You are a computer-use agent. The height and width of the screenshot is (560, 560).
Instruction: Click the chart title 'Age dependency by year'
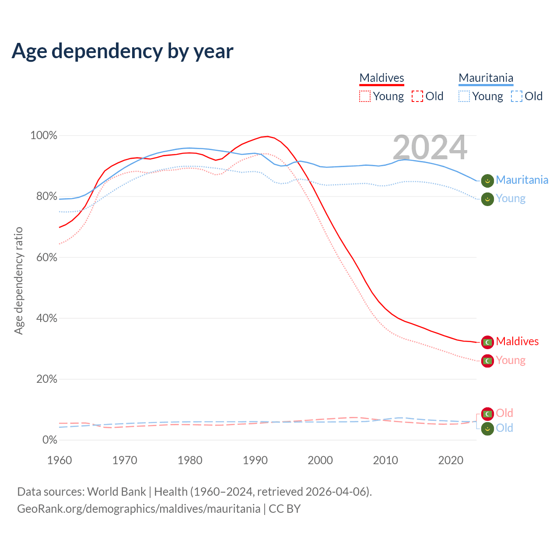click(122, 51)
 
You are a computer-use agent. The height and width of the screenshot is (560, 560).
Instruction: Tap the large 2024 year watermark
click(430, 147)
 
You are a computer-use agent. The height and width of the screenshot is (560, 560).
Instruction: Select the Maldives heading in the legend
click(381, 78)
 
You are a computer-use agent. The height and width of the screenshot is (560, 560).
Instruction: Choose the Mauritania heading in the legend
click(486, 78)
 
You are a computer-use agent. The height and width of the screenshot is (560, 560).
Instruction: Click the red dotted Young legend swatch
click(364, 96)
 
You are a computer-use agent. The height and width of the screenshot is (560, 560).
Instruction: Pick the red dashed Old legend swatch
click(417, 96)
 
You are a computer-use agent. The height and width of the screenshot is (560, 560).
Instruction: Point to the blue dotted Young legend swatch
click(464, 96)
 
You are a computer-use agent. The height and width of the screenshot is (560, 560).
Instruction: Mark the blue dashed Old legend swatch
click(517, 96)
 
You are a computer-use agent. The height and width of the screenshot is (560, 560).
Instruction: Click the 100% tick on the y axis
click(44, 136)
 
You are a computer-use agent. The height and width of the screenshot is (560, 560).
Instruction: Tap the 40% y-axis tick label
click(46, 318)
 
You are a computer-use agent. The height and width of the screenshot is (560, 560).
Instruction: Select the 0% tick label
click(49, 440)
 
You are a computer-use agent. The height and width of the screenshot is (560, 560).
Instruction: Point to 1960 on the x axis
click(59, 460)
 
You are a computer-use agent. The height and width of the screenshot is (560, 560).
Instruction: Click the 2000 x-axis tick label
click(320, 460)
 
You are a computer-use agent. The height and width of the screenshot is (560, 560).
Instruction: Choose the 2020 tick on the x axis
click(451, 460)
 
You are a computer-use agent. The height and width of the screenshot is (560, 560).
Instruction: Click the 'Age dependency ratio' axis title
click(18, 280)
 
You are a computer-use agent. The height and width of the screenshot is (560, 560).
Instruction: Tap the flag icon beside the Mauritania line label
click(487, 180)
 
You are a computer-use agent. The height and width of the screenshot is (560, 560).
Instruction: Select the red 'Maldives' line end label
click(517, 341)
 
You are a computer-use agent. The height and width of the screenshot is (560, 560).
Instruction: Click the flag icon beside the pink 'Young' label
click(487, 361)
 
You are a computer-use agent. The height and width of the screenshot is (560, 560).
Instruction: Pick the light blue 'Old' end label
click(504, 428)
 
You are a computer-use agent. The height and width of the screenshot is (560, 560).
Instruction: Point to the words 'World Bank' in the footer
click(116, 492)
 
